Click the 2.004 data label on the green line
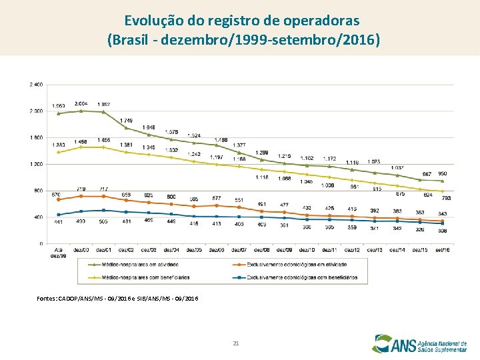tap(81, 103)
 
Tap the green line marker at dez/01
tap(103, 112)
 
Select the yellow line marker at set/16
tap(442, 191)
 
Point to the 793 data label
tap(446, 198)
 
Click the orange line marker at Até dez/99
tap(59, 199)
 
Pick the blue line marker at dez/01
tap(103, 210)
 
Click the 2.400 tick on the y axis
tap(36, 85)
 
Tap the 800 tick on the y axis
tap(39, 191)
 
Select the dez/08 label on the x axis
tap(261, 249)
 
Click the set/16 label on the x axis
tap(442, 249)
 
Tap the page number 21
tap(236, 343)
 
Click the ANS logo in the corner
tap(421, 343)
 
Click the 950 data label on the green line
tap(442, 173)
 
